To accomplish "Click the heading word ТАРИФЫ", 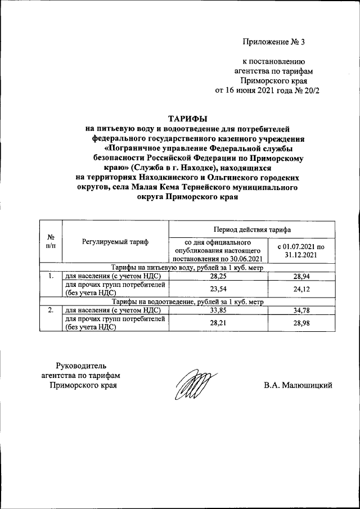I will (x=188, y=119).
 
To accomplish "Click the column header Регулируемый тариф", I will (x=115, y=242).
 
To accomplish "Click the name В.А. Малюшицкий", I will (x=298, y=385).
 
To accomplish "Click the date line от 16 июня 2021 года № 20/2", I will (x=267, y=90).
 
